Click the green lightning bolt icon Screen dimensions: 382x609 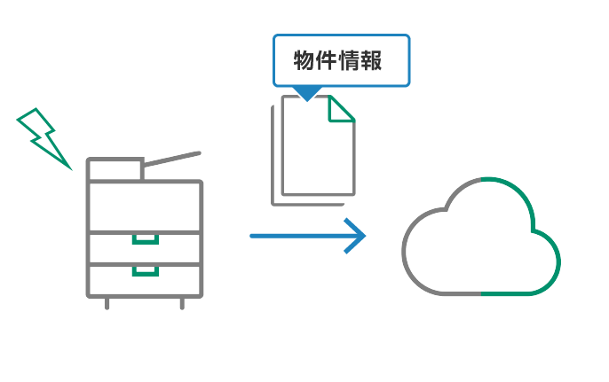click(x=43, y=137)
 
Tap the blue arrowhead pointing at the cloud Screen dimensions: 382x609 click(x=357, y=236)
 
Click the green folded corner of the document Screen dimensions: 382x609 click(x=340, y=109)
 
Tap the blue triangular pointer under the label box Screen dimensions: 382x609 click(x=306, y=93)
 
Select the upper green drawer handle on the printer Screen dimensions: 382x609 click(x=145, y=238)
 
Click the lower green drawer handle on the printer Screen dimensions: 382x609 click(x=145, y=269)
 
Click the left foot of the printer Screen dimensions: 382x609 click(x=107, y=303)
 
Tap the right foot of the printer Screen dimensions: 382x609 click(x=182, y=303)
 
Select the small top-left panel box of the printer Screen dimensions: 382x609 click(x=115, y=169)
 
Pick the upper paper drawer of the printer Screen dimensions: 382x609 click(x=145, y=247)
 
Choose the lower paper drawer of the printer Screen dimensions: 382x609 click(x=145, y=279)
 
